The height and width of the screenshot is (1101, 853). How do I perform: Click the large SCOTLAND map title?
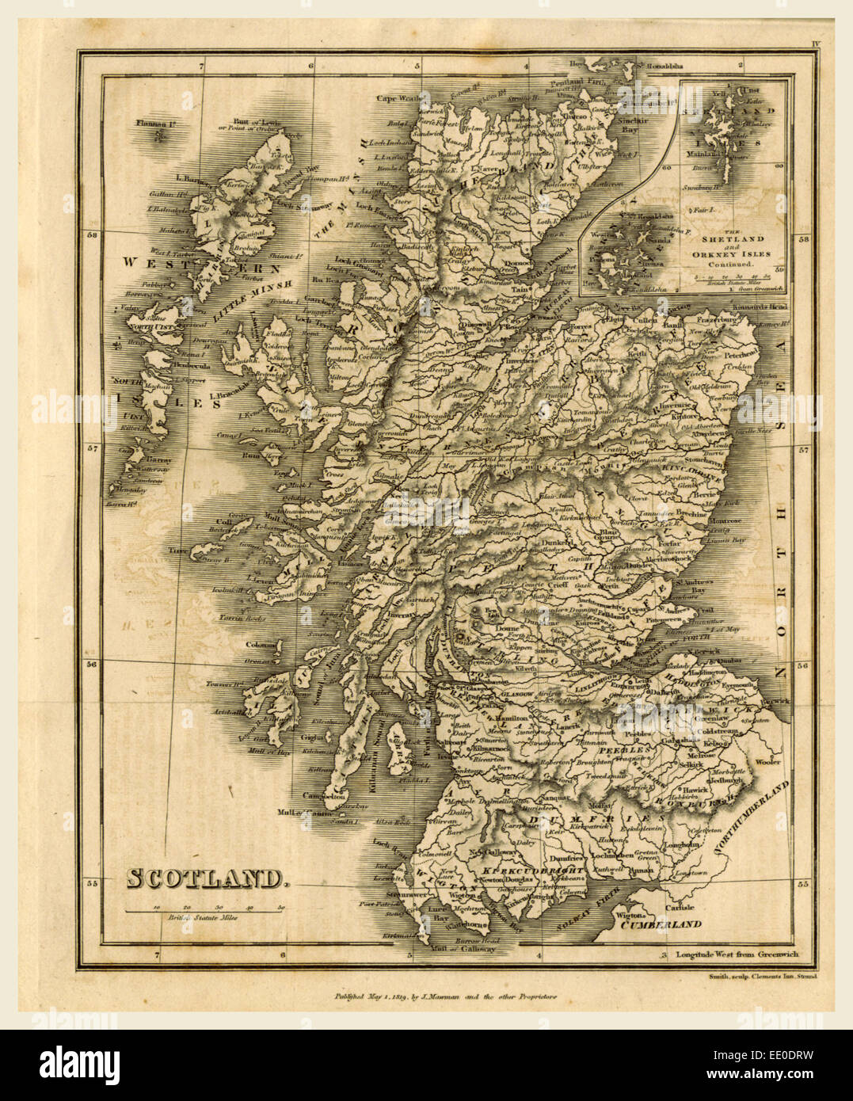[205, 878]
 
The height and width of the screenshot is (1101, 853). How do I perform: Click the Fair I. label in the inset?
[699, 210]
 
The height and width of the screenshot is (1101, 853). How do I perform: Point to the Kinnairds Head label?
[756, 306]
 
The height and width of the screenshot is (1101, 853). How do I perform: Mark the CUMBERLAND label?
[661, 924]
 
